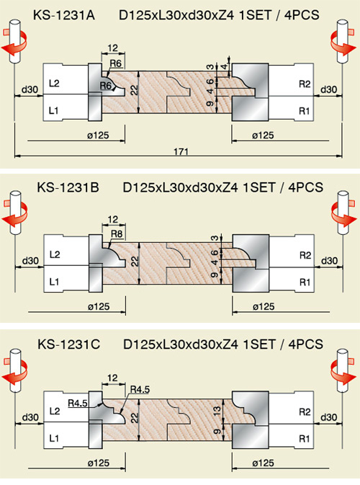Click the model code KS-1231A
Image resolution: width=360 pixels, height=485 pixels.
click(63, 15)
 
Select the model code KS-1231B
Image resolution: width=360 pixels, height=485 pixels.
click(68, 187)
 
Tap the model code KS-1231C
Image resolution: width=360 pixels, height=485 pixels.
click(68, 344)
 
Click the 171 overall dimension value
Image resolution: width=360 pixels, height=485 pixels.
click(181, 151)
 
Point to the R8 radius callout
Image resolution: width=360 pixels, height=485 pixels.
click(117, 233)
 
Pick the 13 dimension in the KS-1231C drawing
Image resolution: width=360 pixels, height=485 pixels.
click(217, 411)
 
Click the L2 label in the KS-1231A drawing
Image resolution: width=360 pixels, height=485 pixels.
click(54, 83)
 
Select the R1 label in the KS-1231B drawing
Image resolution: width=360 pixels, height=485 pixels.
click(305, 282)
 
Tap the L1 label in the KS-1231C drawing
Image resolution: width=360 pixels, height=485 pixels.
click(55, 438)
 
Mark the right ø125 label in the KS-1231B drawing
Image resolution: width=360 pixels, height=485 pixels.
click(264, 306)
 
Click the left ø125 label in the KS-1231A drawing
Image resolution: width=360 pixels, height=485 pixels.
click(98, 135)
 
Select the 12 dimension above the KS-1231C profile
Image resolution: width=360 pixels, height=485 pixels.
click(113, 378)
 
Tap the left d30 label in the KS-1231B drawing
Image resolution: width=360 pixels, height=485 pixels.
click(30, 261)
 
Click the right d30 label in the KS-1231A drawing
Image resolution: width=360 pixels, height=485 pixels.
click(329, 89)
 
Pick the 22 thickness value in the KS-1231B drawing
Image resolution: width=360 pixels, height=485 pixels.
click(135, 262)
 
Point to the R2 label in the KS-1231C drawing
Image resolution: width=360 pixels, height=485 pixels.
click(305, 411)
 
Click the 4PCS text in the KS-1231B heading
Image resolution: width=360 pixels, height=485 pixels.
click(305, 187)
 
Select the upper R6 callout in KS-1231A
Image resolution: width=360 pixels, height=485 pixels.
click(116, 63)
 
